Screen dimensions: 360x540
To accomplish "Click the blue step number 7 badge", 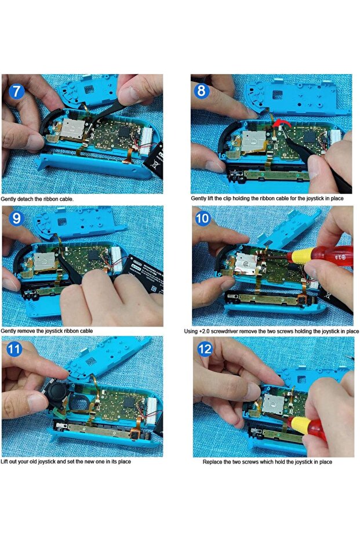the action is coord(16,91).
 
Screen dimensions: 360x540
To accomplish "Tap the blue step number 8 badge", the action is coord(201,91).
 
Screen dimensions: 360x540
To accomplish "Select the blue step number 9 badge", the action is coord(16,218).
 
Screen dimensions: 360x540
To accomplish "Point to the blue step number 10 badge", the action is coord(203,218).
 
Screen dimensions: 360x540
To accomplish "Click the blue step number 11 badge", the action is coord(14,349).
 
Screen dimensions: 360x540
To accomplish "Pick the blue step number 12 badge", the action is coord(205,349).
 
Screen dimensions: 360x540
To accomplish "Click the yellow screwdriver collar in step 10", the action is coord(299,256).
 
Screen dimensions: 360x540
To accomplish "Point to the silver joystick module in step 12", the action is coord(273,404).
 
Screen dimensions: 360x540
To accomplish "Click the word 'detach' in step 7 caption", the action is coord(24,199).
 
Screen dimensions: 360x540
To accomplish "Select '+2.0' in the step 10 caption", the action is coord(204,331).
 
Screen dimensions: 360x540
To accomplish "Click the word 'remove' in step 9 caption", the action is coord(28,331).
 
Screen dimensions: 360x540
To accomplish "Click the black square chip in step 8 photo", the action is coord(310,137).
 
